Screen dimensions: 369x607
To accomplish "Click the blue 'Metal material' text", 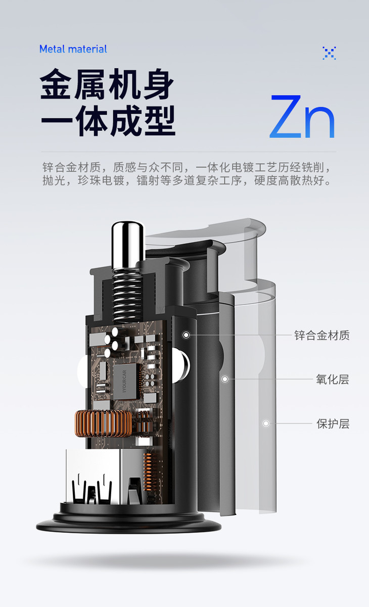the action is tap(73, 49).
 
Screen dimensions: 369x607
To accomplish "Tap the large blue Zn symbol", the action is tap(302, 116).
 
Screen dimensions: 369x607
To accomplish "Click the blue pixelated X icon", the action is tap(329, 53).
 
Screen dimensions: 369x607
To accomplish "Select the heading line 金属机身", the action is tap(107, 84).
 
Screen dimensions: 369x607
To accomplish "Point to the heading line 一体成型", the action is tap(108, 120).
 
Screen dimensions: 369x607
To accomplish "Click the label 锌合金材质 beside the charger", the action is tap(322, 335).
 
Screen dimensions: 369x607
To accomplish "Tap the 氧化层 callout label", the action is tap(333, 379).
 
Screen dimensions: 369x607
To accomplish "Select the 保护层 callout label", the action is tap(333, 424).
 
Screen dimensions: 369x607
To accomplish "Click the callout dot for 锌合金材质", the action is tap(186, 335).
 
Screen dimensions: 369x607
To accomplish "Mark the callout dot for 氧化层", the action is tap(224, 379).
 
